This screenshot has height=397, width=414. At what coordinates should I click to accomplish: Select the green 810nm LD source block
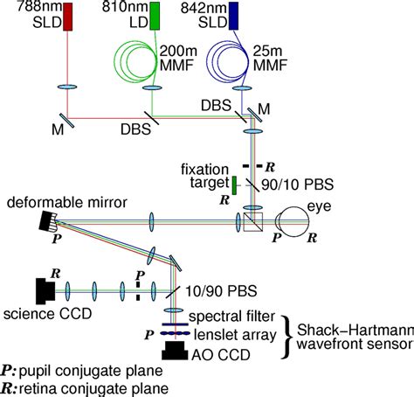coord(155,16)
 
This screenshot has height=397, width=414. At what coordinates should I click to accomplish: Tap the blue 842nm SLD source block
coord(234,15)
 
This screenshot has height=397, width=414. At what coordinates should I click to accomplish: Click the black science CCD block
coord(41,289)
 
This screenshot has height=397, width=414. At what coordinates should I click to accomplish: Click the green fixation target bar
coord(235,184)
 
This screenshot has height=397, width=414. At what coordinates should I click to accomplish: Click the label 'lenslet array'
coord(226,333)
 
